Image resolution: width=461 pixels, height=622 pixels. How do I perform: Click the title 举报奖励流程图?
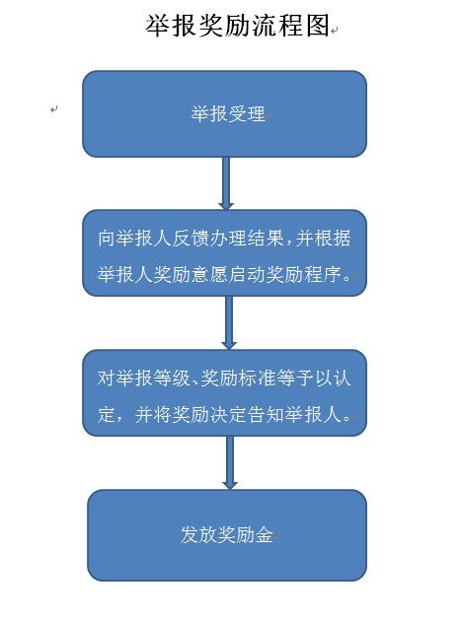tap(238, 26)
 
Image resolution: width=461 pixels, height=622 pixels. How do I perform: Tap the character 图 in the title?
tap(318, 26)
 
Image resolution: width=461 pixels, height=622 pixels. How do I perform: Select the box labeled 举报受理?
tap(224, 113)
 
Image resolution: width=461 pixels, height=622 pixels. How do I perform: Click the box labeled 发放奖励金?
tap(227, 535)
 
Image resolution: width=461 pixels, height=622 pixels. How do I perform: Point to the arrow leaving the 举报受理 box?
tap(226, 183)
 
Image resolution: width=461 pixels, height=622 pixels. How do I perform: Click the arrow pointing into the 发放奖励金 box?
tap(230, 463)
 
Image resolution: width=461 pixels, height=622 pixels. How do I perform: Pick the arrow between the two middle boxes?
tap(229, 323)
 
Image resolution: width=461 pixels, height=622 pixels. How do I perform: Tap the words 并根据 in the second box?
tap(323, 239)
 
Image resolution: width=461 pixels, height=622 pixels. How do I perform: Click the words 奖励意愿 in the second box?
tap(191, 274)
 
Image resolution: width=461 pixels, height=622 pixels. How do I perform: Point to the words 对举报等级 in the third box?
tap(144, 379)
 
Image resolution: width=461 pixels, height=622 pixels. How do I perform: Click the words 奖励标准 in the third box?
tap(238, 379)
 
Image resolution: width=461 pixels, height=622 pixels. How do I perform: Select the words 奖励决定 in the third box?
tap(209, 415)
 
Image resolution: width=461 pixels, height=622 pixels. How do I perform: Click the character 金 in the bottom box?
tap(264, 534)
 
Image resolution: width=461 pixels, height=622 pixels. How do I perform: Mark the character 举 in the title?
tap(158, 26)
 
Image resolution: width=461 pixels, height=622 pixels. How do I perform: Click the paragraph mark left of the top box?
tap(54, 109)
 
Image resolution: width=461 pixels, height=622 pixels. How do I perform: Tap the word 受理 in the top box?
tap(247, 113)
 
